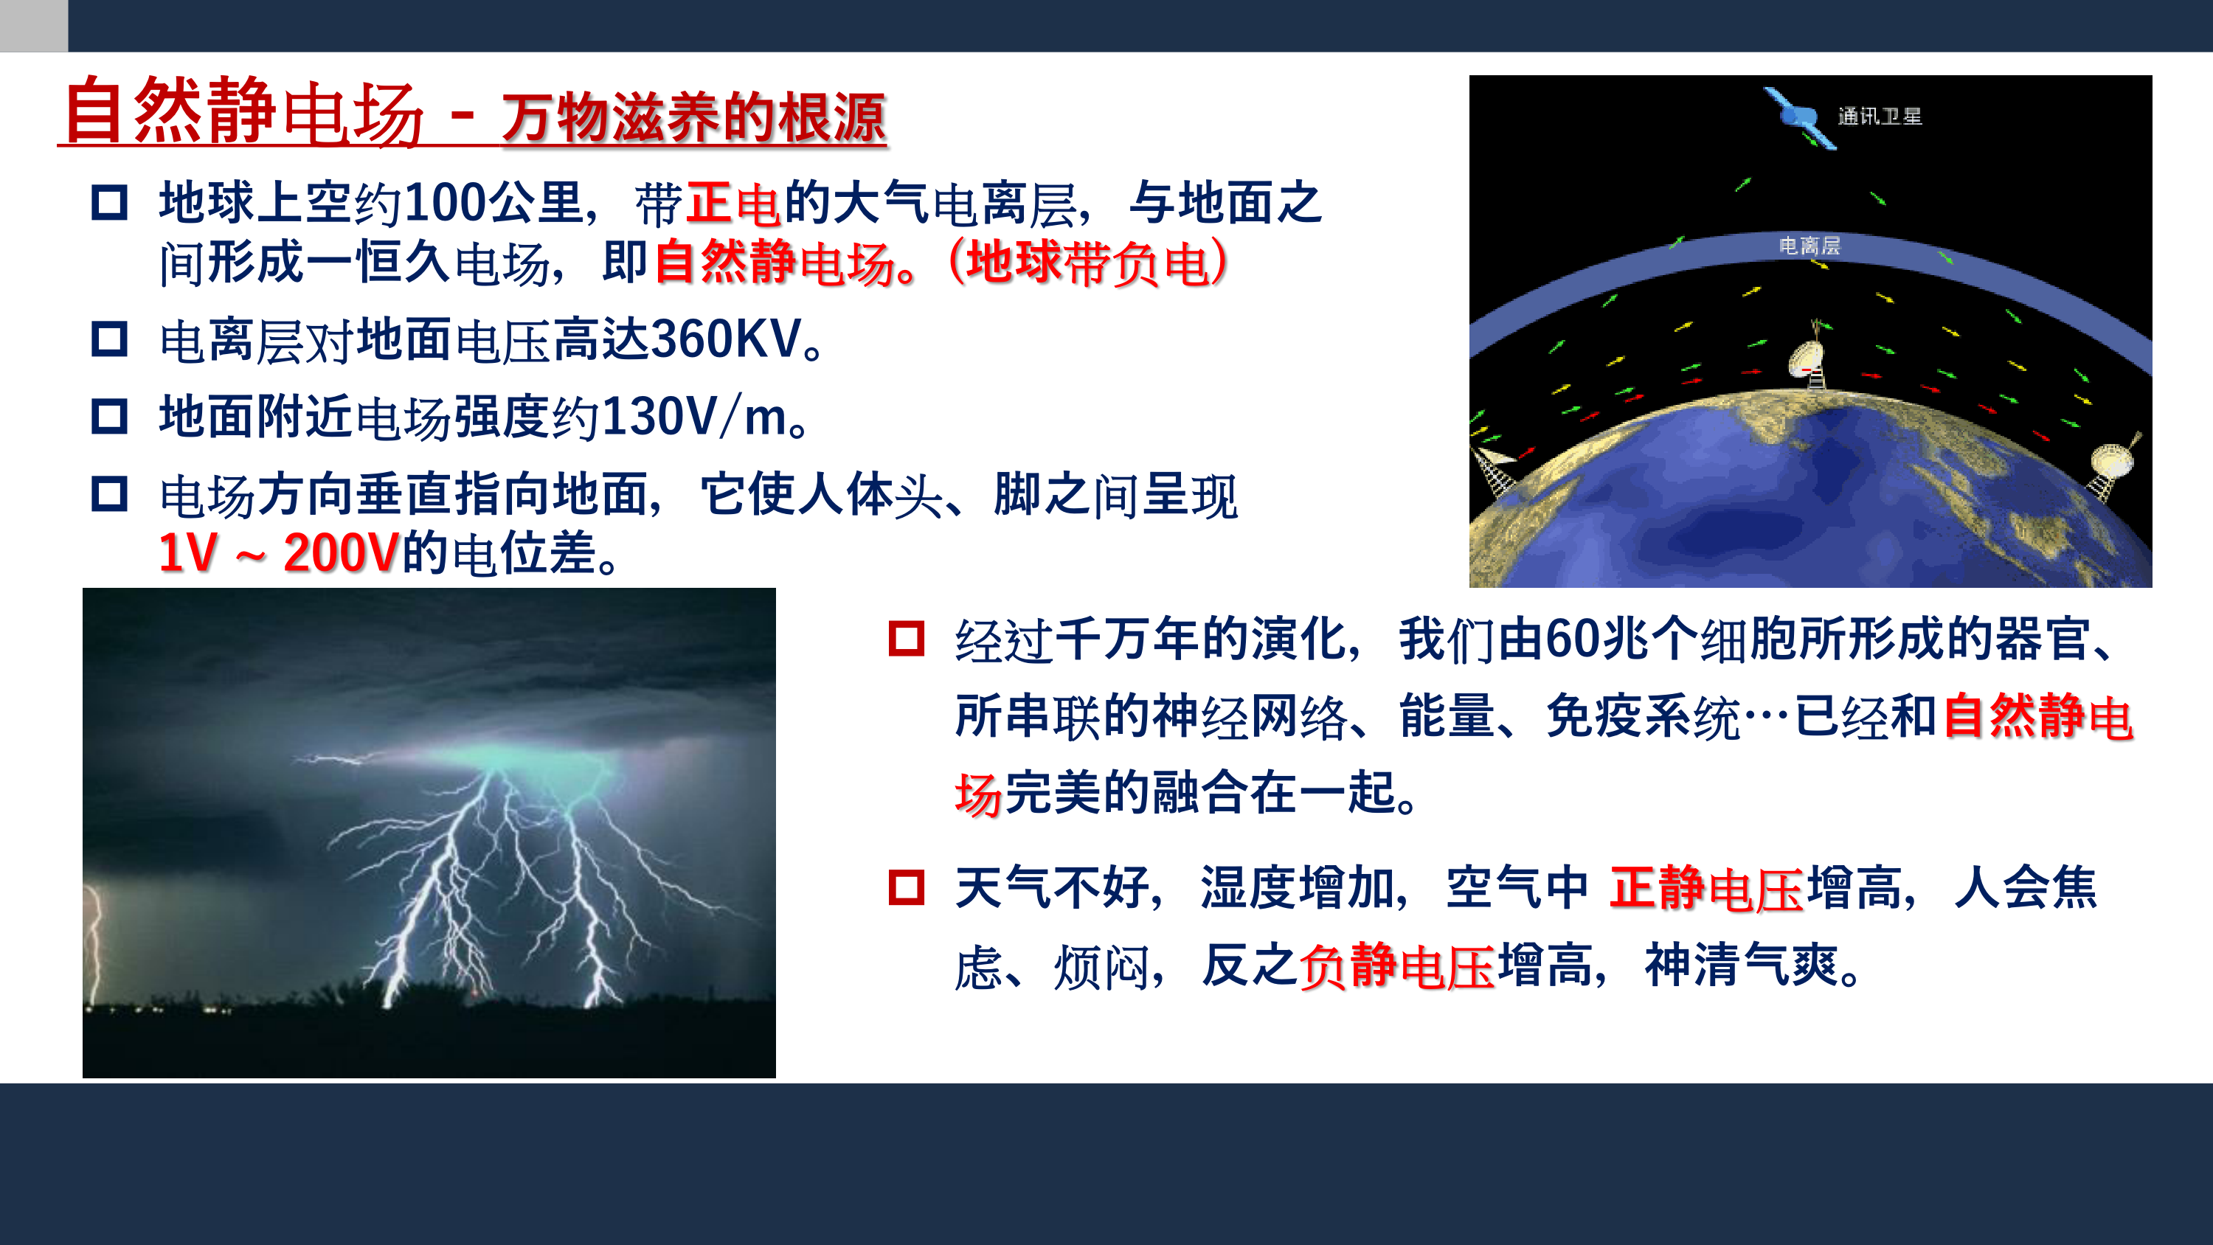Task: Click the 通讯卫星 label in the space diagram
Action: tap(1880, 116)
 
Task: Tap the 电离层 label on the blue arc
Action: tap(1809, 246)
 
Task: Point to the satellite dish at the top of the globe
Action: tap(1808, 356)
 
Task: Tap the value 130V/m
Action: tap(694, 417)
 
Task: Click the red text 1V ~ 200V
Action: tap(279, 552)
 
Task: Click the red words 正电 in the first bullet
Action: tap(733, 204)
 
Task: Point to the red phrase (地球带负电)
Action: tap(1087, 262)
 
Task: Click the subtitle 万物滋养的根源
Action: tap(693, 118)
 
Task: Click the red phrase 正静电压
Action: tap(1706, 887)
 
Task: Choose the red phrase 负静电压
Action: tap(1397, 965)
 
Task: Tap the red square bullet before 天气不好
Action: tap(907, 887)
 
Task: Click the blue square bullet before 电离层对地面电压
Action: tap(109, 339)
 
